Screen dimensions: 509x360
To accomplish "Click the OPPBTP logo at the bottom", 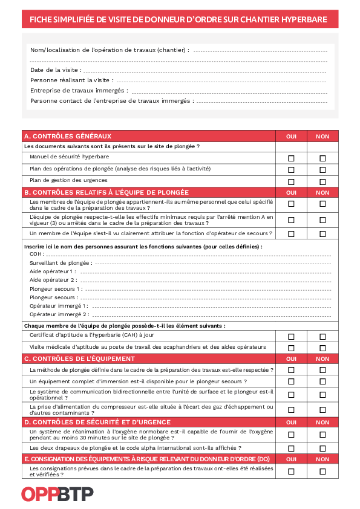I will pyautogui.click(x=57, y=494).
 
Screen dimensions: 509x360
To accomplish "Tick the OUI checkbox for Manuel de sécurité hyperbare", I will pyautogui.click(x=291, y=158).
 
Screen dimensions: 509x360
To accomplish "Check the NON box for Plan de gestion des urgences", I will pyautogui.click(x=322, y=182).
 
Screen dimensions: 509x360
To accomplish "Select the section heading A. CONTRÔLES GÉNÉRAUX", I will pyautogui.click(x=68, y=136).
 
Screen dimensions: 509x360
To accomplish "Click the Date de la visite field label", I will pyautogui.click(x=56, y=70).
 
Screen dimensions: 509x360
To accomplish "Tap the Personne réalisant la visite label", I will pyautogui.click(x=71, y=80).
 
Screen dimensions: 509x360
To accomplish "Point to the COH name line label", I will pyautogui.click(x=37, y=254).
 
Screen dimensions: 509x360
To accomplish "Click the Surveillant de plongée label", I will pyautogui.click(x=61, y=263).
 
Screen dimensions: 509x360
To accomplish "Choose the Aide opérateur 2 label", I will pyautogui.click(x=53, y=280).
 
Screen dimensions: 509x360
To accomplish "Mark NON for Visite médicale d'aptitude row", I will pyautogui.click(x=322, y=348).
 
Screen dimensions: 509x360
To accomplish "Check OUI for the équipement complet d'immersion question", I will pyautogui.click(x=291, y=382).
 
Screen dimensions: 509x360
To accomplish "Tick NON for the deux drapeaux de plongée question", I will pyautogui.click(x=322, y=449).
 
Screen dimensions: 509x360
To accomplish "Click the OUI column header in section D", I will pyautogui.click(x=291, y=423).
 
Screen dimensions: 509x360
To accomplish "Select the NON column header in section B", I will pyautogui.click(x=322, y=193).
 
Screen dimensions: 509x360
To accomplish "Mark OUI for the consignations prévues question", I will pyautogui.click(x=291, y=472).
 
